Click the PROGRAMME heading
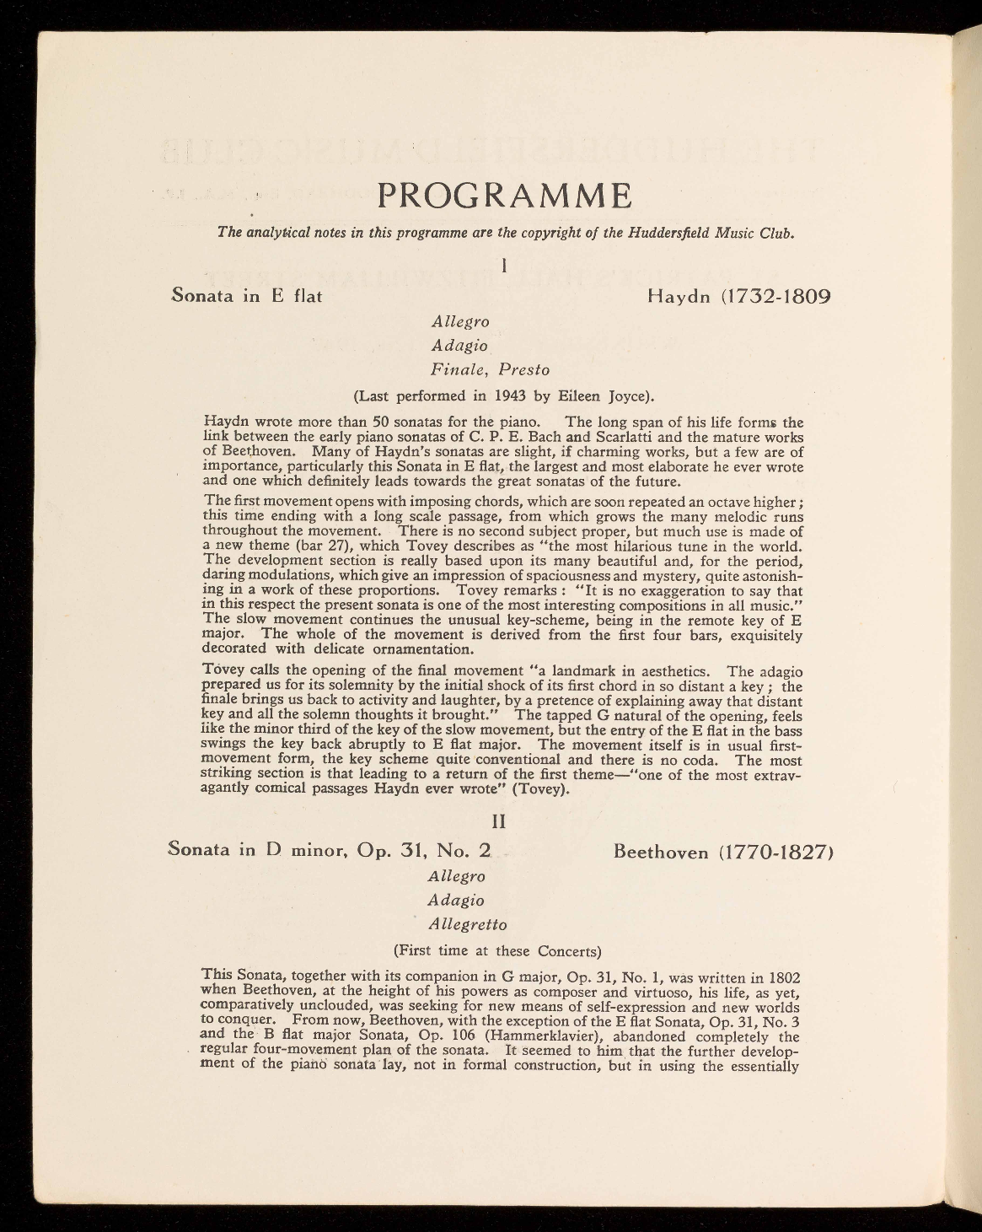point(505,196)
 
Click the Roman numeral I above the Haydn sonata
point(503,266)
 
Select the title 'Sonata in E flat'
point(247,297)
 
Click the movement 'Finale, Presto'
point(490,369)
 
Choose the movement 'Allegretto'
point(468,925)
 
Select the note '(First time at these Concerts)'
point(497,950)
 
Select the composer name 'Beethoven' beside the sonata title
point(662,852)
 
